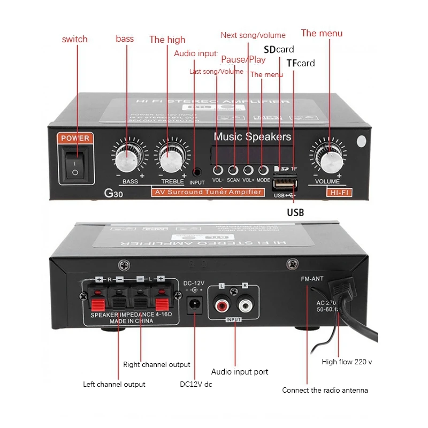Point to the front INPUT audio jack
click(197, 172)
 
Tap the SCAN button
click(233, 171)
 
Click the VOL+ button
click(248, 171)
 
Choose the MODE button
click(263, 171)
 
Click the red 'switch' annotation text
click(74, 39)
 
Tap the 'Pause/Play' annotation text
click(243, 59)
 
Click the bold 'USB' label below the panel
click(295, 212)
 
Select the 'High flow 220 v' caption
click(347, 362)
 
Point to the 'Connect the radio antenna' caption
click(325, 390)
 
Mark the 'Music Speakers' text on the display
click(253, 137)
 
